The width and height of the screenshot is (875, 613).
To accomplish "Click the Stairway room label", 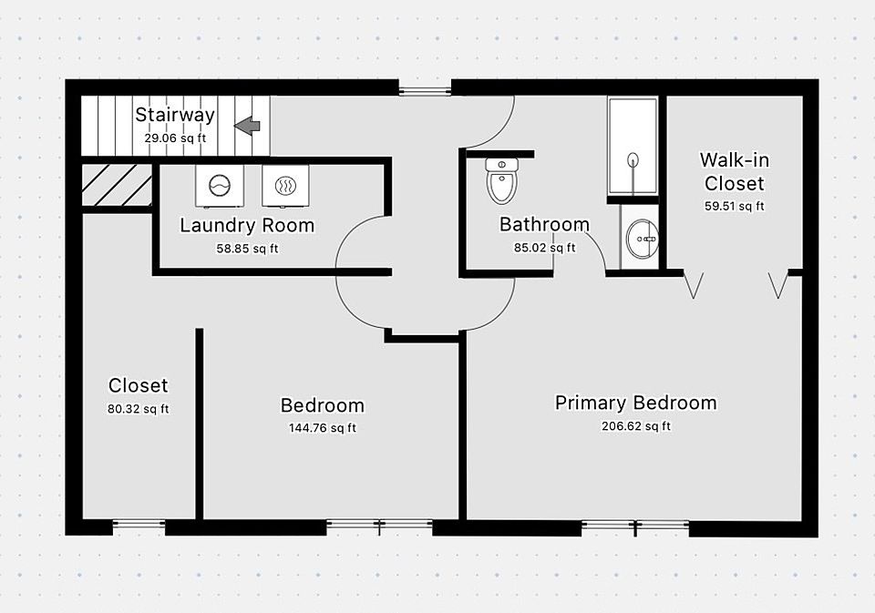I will tap(175, 115).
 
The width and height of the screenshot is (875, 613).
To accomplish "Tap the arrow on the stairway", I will tap(247, 126).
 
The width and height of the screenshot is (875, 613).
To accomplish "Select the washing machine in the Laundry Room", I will tap(219, 185).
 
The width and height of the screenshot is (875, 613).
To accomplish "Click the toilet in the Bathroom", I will tap(500, 180).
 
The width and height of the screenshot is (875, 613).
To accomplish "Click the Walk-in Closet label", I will tap(734, 171).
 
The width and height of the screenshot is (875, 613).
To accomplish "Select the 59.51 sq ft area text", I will tap(734, 206).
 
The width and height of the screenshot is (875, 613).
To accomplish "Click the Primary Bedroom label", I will tap(635, 403).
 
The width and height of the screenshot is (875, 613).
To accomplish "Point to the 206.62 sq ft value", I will tap(635, 426).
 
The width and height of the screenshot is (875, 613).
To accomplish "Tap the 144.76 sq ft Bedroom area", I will tap(322, 428).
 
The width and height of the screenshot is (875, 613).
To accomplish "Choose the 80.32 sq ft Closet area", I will tap(138, 409).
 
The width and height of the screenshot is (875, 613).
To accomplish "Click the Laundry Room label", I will tap(247, 225).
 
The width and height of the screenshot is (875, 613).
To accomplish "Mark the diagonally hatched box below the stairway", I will tap(117, 186).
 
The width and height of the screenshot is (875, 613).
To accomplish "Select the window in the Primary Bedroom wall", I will tap(635, 526).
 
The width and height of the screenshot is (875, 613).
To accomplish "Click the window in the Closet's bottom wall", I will tap(139, 526).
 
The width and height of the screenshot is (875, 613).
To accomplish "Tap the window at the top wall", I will tap(425, 88).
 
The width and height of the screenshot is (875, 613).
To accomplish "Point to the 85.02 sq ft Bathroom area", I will tap(544, 247).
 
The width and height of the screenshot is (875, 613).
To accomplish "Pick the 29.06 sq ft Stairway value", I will tap(175, 138).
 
